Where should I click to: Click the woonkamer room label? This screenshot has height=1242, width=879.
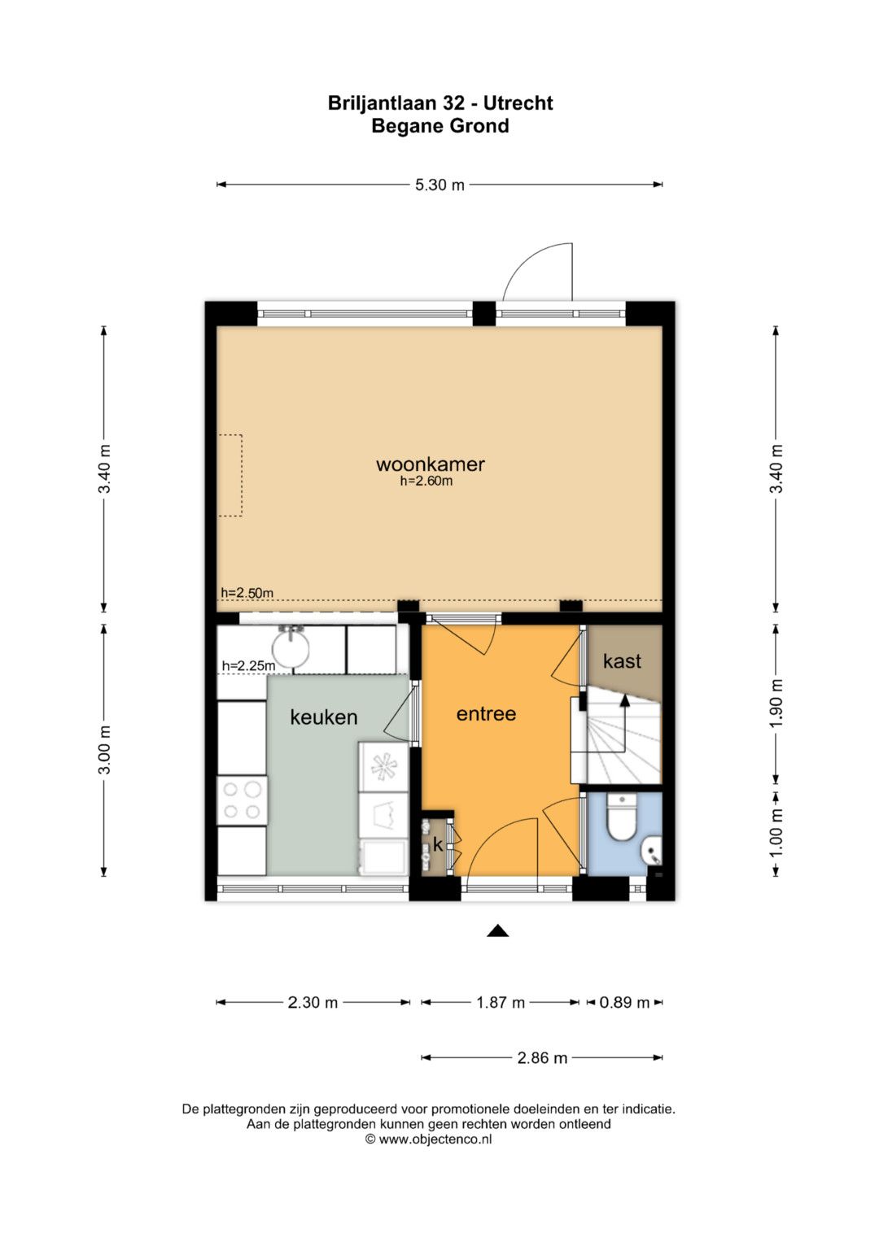(x=430, y=464)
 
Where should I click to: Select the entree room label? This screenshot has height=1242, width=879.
(x=486, y=713)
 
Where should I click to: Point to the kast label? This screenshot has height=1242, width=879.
(x=622, y=661)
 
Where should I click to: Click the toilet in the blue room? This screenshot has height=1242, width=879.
(x=622, y=818)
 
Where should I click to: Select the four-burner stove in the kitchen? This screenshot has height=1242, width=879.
(x=242, y=800)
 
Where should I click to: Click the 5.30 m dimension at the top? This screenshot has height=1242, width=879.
(x=439, y=185)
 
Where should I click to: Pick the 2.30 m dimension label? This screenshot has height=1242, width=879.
(x=313, y=1003)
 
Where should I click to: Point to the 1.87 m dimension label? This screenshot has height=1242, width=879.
(x=501, y=1003)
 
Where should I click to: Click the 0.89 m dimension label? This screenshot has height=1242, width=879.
(x=624, y=1003)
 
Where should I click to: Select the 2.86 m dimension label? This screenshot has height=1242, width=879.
(x=542, y=1058)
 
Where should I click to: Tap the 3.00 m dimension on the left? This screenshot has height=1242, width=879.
(x=104, y=749)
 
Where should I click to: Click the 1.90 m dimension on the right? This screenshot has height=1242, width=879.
(x=776, y=704)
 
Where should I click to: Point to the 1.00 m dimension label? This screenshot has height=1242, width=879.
(x=776, y=832)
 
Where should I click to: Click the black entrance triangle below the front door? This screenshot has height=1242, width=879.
(x=498, y=930)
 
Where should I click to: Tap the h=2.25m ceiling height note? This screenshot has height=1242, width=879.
(x=248, y=665)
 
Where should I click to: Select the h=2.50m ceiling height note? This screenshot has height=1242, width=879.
(x=247, y=592)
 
